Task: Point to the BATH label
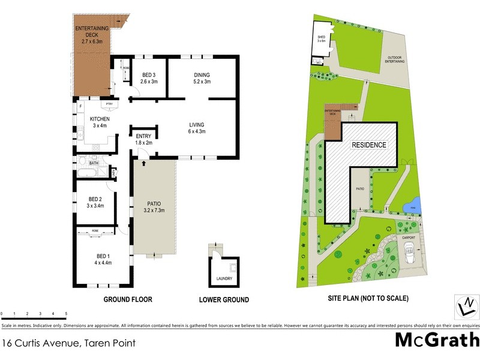[x=94, y=163]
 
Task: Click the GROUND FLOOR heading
[x=128, y=299]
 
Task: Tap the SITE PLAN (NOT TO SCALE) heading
[x=369, y=298]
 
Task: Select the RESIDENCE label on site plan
[x=369, y=145]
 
